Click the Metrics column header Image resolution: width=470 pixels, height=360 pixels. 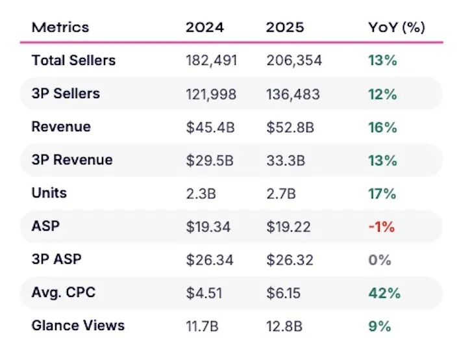click(60, 27)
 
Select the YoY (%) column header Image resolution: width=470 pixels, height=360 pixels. click(397, 27)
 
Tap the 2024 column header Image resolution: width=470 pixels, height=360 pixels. click(204, 27)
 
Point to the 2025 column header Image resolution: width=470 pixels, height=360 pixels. click(285, 27)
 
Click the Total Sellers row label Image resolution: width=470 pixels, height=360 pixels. click(73, 60)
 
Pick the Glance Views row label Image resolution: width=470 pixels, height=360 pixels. click(78, 326)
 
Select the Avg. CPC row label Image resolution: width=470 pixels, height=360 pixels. click(64, 292)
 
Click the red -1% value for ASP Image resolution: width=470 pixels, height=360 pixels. click(382, 227)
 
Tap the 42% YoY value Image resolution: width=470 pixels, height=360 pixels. click(384, 293)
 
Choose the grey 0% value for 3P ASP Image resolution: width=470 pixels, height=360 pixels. click(380, 260)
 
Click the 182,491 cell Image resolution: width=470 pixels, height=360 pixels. click(212, 60)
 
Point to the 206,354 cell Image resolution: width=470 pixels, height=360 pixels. click(294, 60)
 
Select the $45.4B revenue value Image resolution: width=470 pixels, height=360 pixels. click(210, 127)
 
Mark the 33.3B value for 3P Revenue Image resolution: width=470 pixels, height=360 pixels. click(286, 161)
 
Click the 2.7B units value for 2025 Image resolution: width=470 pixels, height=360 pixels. click(281, 194)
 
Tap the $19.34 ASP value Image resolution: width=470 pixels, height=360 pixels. click(208, 227)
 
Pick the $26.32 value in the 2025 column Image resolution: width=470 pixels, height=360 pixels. click(290, 260)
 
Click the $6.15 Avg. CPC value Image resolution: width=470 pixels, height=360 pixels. click(283, 293)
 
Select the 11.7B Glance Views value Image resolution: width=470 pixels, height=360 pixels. click(202, 326)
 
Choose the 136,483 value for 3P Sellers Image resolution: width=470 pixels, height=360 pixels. click(293, 94)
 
